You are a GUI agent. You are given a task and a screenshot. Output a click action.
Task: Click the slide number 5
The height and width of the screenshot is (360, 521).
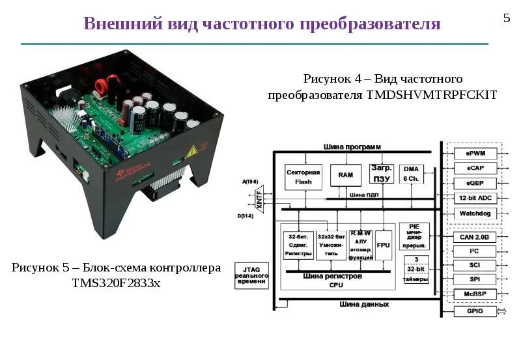(507, 18)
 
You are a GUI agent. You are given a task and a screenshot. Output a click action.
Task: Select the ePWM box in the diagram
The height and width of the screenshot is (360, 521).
(474, 154)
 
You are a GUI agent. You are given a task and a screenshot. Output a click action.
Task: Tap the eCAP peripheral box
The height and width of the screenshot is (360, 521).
(474, 169)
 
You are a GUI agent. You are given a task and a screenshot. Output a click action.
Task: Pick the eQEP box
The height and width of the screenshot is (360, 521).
(474, 183)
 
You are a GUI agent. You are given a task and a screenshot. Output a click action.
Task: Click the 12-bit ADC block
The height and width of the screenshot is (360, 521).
(474, 198)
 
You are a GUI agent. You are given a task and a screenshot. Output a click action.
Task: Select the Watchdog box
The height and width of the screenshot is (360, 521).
(474, 213)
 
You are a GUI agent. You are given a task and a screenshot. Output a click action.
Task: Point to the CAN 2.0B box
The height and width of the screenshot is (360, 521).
(474, 237)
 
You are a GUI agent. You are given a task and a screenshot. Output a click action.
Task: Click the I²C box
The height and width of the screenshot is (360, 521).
(474, 251)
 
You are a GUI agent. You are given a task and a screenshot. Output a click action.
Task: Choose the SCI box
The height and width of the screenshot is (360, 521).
(474, 265)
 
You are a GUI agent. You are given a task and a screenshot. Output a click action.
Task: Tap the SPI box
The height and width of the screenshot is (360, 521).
(474, 279)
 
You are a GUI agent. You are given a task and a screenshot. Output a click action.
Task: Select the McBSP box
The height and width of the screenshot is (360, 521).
(474, 294)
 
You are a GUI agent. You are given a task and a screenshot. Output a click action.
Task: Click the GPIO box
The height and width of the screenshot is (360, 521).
(474, 312)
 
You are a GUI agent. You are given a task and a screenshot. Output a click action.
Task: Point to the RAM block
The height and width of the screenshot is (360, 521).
(345, 175)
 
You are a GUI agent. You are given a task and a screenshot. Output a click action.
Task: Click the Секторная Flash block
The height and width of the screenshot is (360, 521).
(303, 177)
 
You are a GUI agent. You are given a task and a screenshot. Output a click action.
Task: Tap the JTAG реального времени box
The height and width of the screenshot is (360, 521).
(251, 275)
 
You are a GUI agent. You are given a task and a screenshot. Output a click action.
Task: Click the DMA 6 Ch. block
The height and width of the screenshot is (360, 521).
(411, 174)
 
